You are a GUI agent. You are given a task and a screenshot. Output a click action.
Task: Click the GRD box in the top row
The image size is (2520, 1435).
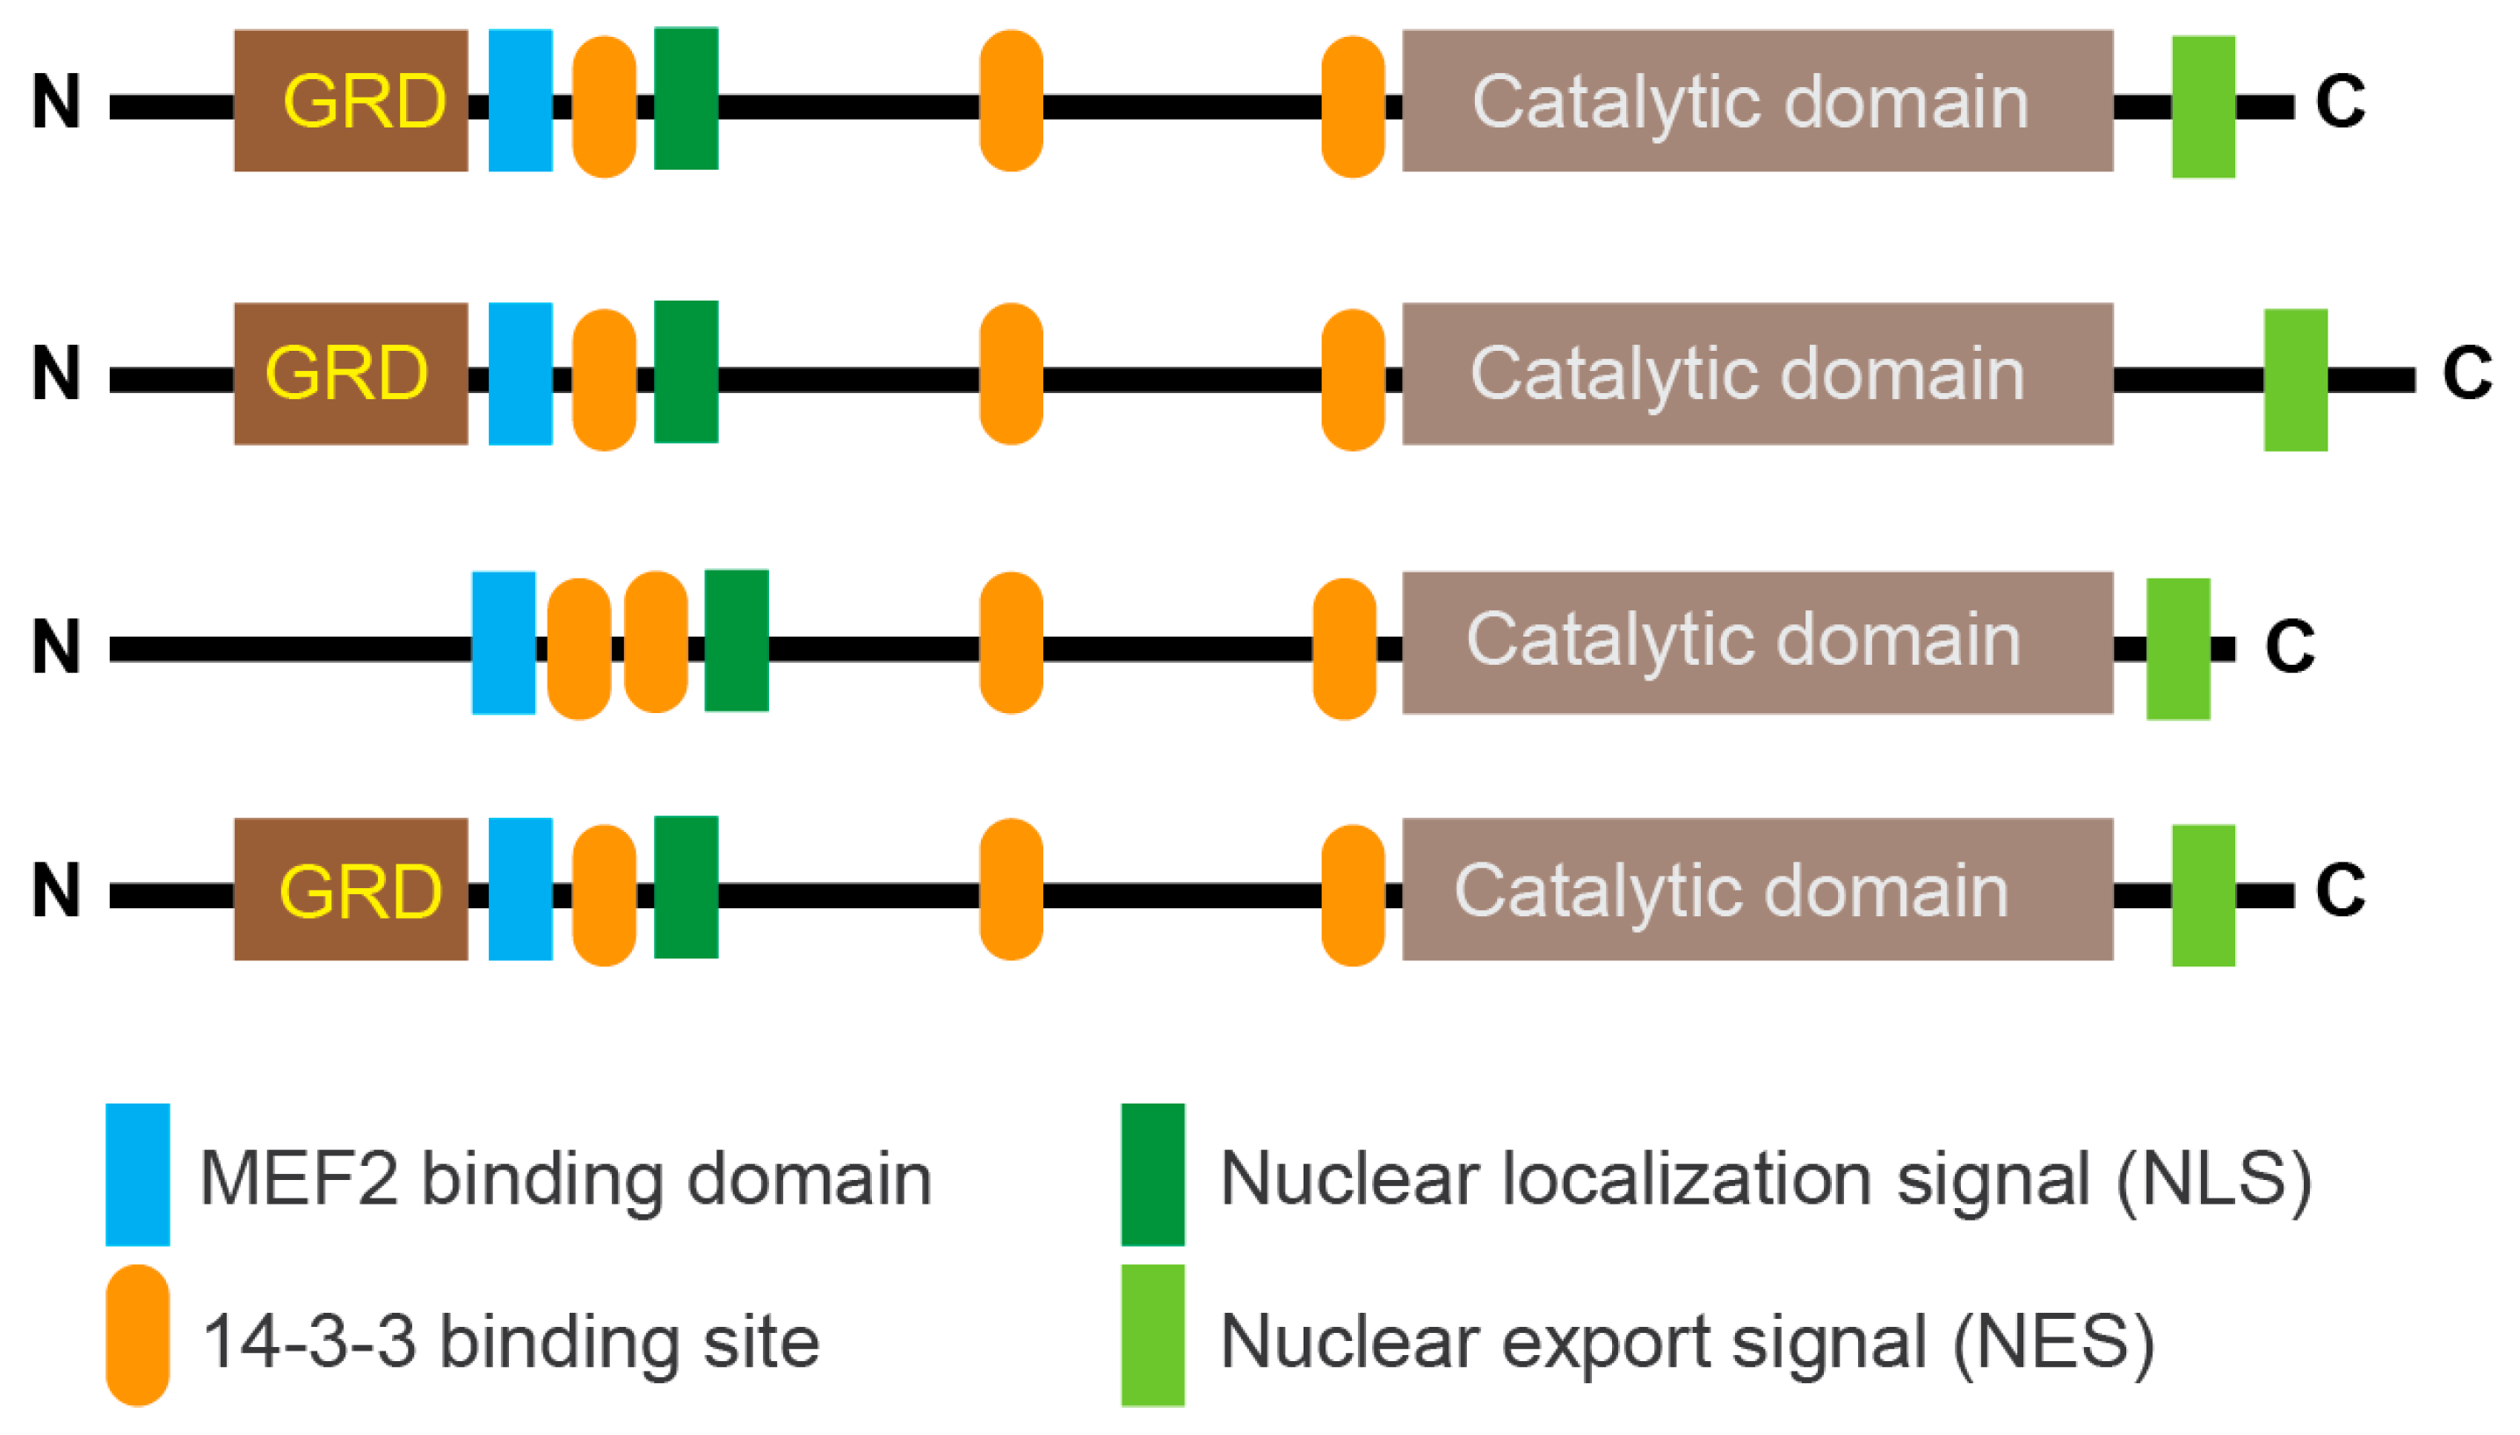tap(350, 100)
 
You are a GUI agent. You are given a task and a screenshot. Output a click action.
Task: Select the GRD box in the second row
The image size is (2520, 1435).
tap(350, 374)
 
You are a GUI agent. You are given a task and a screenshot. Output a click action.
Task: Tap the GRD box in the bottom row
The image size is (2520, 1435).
tap(350, 889)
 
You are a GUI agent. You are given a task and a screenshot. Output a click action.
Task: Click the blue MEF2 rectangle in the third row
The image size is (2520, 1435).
tap(504, 643)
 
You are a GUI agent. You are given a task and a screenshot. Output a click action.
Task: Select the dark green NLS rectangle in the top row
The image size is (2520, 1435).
tap(686, 98)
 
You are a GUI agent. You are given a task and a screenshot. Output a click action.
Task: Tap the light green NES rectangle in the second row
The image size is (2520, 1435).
tap(2294, 380)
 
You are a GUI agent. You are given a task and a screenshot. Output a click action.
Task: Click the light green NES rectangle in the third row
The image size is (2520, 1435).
tap(2177, 649)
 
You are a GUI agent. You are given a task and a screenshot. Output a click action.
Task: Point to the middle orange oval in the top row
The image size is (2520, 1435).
tap(1011, 100)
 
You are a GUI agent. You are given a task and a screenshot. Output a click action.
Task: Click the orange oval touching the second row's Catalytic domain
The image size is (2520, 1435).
tap(1353, 380)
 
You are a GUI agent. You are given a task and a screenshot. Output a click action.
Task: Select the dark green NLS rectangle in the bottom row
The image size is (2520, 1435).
tap(686, 887)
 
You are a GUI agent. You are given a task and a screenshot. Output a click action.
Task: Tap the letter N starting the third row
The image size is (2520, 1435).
tap(55, 646)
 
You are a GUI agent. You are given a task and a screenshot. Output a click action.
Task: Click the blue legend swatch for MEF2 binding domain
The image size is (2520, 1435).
tap(138, 1175)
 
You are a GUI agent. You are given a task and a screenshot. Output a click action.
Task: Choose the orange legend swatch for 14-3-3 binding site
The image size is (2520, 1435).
tap(138, 1336)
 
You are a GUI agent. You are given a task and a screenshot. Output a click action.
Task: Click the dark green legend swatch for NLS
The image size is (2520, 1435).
tap(1151, 1175)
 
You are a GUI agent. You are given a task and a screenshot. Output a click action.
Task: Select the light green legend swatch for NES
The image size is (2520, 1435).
tap(1151, 1336)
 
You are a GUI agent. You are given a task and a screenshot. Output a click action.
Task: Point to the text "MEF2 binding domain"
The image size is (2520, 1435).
tap(565, 1179)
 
